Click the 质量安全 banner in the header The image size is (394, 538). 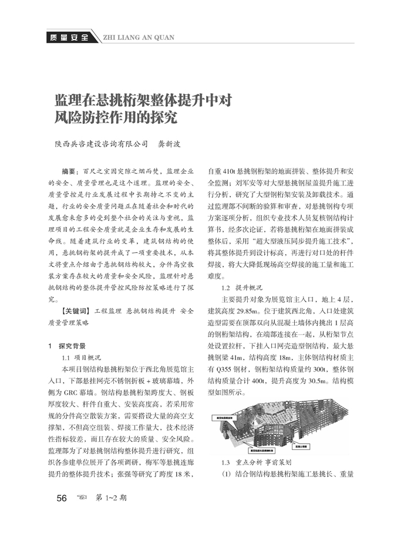[x=66, y=38]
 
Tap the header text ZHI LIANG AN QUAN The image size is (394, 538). [x=138, y=38]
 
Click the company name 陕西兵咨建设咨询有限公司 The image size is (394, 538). [x=102, y=143]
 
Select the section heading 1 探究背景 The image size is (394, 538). [x=68, y=346]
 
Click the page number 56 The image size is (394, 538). [x=62, y=498]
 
